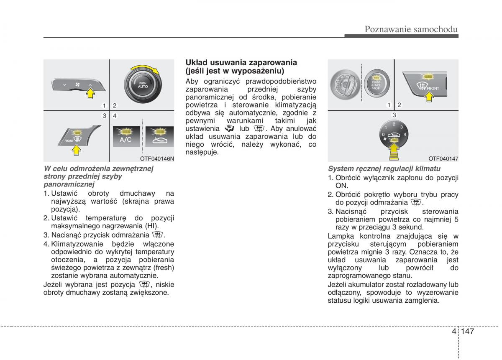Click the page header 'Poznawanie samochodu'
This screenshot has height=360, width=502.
click(411, 29)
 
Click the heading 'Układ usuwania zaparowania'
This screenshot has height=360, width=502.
click(241, 62)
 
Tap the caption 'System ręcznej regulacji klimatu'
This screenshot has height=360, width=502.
click(384, 169)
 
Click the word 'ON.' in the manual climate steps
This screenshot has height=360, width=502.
click(342, 185)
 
